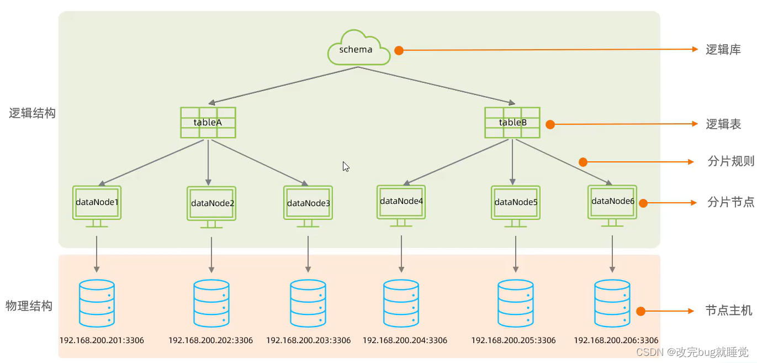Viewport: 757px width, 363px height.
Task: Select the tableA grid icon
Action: coord(208,122)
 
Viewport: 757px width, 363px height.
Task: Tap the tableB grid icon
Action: coord(512,122)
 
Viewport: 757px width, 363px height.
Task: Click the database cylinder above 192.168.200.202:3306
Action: coord(211,303)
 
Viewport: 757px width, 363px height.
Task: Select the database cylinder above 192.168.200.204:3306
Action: coord(401,303)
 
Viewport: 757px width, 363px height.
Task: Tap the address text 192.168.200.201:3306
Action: coord(102,340)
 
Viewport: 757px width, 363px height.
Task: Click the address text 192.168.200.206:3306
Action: coord(616,340)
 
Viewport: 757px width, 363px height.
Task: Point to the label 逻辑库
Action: coord(723,49)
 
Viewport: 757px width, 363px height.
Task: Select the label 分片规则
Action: coord(730,162)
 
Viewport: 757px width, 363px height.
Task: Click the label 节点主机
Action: coord(729,311)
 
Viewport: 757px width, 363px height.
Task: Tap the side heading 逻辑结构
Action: coord(32,114)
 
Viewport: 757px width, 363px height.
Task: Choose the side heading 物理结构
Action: coord(29,306)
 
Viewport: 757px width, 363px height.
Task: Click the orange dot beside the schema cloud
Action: coord(399,50)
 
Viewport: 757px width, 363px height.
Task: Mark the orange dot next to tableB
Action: coord(550,125)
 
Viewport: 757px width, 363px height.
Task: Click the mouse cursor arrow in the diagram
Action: coord(346,166)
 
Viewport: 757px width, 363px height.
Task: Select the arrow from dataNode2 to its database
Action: coord(211,255)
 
